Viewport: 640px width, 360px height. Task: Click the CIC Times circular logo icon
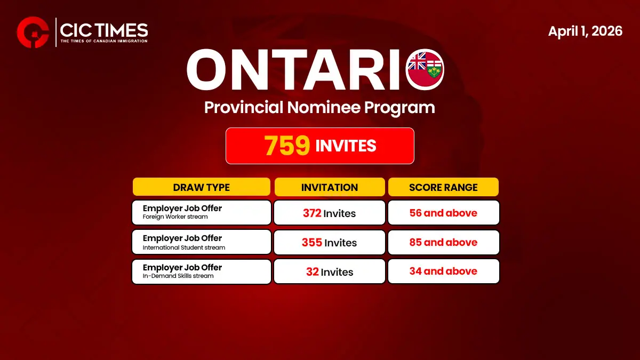34,33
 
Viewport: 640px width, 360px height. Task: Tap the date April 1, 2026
585,31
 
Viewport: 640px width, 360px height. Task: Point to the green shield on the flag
434,69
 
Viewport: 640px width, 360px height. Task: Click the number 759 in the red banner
287,146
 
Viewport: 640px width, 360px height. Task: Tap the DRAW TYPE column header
201,187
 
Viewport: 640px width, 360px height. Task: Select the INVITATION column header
329,187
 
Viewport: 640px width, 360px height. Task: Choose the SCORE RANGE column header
443,187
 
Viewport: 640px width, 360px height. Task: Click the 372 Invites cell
329,213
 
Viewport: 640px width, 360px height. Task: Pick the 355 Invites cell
329,243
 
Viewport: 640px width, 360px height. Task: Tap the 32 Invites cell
329,271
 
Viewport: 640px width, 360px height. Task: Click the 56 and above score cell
443,213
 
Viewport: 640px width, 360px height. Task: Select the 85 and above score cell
443,242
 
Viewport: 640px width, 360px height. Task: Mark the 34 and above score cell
443,271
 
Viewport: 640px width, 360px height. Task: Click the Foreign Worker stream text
175,217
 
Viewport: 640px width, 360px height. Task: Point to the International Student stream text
184,247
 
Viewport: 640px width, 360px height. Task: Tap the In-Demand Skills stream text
178,276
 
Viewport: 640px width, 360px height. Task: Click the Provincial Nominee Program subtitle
319,107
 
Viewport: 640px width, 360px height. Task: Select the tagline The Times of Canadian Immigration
104,41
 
